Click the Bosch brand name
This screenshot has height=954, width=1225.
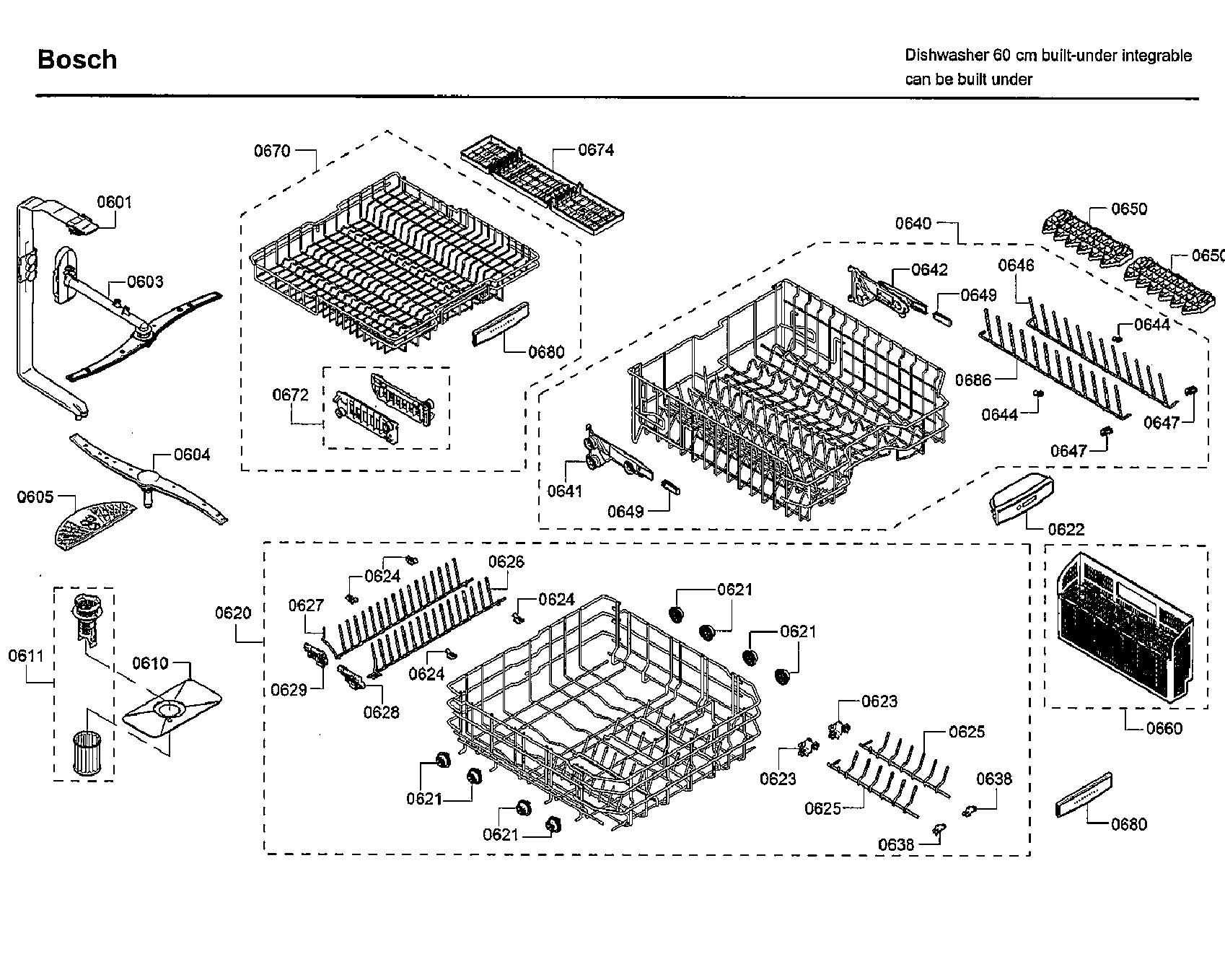point(77,60)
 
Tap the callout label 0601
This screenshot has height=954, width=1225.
point(115,202)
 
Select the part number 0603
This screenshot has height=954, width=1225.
point(146,281)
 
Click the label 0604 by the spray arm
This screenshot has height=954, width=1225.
point(192,455)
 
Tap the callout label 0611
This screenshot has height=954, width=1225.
point(26,655)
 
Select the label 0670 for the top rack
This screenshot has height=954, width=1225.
point(272,150)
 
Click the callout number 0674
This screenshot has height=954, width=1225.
point(596,149)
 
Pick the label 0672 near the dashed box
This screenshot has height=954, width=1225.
point(290,395)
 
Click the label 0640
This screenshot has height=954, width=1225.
point(913,224)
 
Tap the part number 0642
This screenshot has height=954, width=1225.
point(930,269)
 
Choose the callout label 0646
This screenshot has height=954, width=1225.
point(1016,265)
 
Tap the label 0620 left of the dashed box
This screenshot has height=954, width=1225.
point(233,613)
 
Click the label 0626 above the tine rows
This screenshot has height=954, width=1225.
point(506,561)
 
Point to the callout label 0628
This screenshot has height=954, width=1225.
point(381,712)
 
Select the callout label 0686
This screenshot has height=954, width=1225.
point(973,380)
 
